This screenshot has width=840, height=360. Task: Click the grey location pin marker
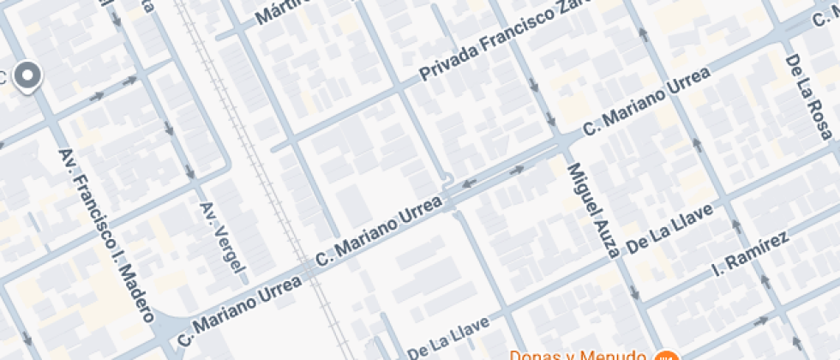pyautogui.click(x=30, y=77)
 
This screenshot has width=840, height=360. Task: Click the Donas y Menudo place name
pyautogui.click(x=578, y=355)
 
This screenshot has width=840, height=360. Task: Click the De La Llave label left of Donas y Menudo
pyautogui.click(x=448, y=337)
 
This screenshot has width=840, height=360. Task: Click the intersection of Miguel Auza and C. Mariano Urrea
pyautogui.click(x=562, y=141)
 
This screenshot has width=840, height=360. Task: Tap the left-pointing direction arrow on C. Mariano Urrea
pyautogui.click(x=469, y=183)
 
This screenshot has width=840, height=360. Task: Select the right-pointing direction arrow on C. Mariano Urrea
pyautogui.click(x=517, y=170)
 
